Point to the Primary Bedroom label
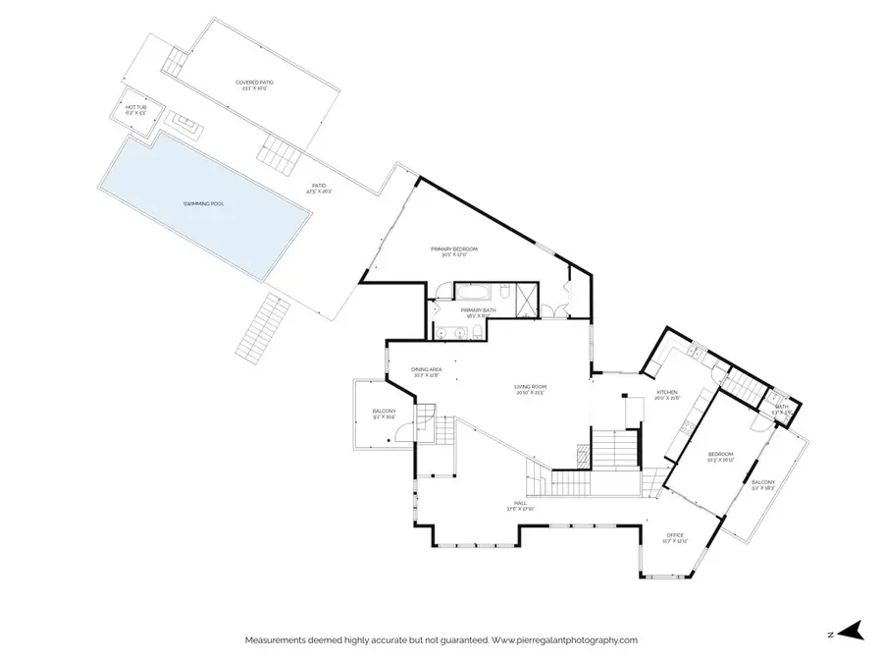coord(454,249)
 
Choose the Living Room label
coord(530,387)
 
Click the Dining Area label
coord(427,369)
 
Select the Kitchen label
coord(667,393)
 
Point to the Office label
coord(675,535)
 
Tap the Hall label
coord(510,503)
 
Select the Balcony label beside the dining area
coord(384,411)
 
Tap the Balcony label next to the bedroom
coord(762,482)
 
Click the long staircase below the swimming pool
coord(263,325)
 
